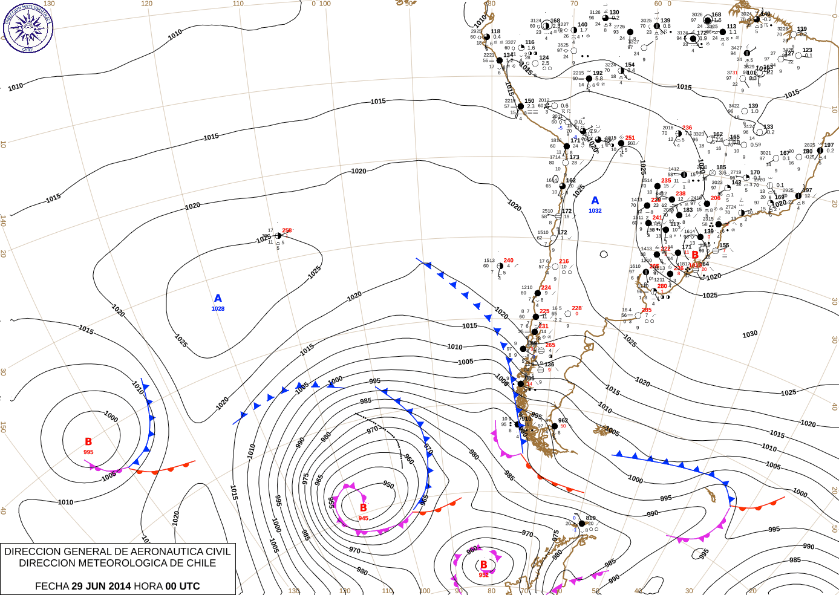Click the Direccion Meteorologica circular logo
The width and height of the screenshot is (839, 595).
click(28, 27)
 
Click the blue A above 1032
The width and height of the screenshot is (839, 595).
click(595, 201)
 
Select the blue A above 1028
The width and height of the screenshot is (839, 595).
click(218, 298)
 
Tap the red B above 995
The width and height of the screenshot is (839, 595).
click(88, 442)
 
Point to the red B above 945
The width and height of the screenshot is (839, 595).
click(363, 508)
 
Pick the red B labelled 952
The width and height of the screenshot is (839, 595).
click(483, 565)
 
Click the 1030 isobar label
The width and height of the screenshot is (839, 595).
click(749, 334)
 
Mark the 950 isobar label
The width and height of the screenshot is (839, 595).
click(388, 484)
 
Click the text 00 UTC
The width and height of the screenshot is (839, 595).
click(182, 586)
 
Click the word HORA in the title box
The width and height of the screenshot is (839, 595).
click(148, 586)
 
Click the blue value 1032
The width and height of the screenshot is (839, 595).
click(595, 211)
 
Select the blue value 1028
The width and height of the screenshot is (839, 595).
click(218, 309)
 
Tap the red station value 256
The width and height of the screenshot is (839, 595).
click(287, 230)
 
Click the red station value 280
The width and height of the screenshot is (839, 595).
click(662, 287)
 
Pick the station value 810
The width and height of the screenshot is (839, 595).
click(590, 518)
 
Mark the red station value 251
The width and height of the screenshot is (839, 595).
click(630, 138)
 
